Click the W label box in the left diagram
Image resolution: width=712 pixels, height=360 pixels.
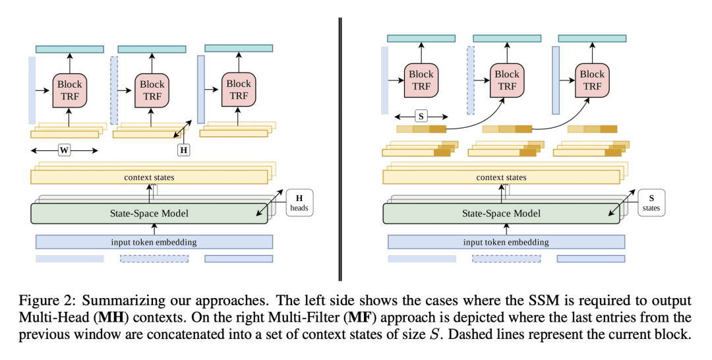[65, 150]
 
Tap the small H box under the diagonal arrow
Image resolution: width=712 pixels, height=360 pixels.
[183, 150]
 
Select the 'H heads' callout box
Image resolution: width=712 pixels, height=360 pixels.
[299, 202]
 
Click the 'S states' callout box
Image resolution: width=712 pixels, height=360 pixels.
[651, 202]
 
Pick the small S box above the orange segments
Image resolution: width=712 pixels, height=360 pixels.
[421, 116]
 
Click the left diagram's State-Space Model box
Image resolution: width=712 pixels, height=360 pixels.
[149, 214]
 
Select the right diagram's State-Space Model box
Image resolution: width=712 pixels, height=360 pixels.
[501, 214]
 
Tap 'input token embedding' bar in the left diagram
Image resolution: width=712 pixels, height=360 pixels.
[154, 242]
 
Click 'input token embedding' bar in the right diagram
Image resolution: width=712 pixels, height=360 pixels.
[506, 242]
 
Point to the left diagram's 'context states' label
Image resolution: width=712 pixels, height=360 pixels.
[149, 177]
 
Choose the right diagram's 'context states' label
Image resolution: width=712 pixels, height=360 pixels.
[501, 177]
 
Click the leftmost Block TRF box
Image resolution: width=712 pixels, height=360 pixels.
[69, 90]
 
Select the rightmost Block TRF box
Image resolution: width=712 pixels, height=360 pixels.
[592, 80]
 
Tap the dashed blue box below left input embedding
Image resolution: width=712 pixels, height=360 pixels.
[154, 258]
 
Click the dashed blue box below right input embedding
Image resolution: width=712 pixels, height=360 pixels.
[506, 258]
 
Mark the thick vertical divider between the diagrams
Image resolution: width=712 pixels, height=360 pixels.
[340, 149]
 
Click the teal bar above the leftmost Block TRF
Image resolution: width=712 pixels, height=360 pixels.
[69, 49]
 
